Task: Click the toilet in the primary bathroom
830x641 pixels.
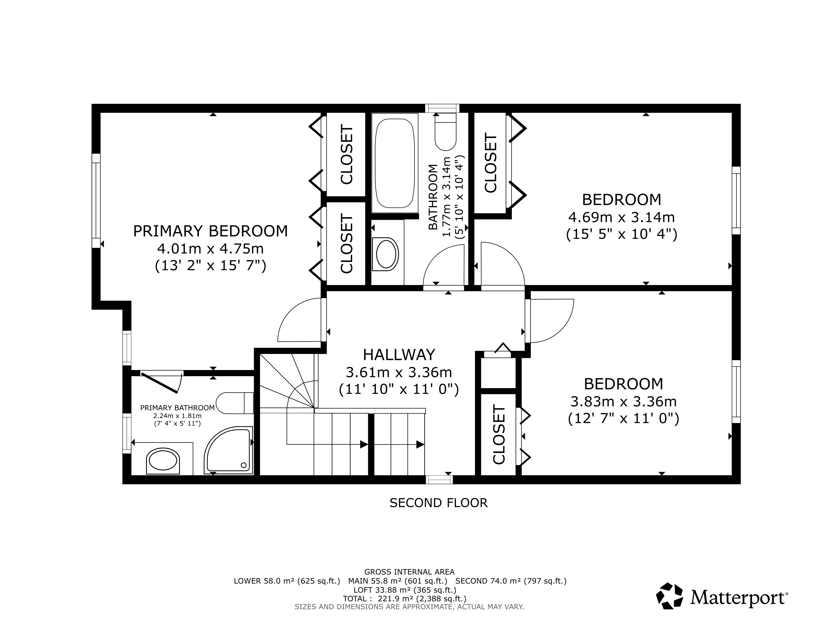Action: point(234,403)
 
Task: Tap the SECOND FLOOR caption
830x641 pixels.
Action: point(438,503)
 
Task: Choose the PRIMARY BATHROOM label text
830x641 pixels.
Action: point(178,408)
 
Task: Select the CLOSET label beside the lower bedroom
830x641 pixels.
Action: point(499,434)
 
